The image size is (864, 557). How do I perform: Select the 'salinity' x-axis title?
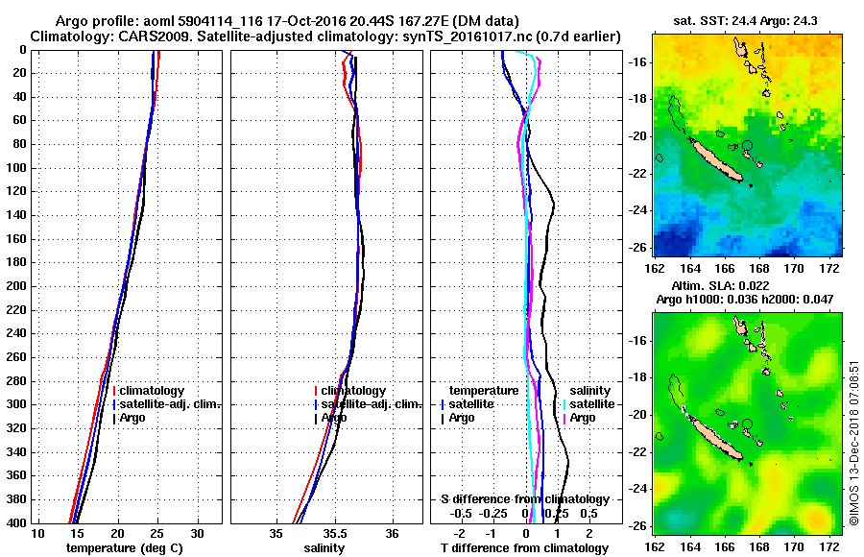pos(324,548)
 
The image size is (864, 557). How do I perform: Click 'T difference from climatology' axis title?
pos(524,548)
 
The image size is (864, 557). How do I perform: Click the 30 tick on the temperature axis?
pos(197,533)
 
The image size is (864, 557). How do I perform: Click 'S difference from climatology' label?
pos(524,499)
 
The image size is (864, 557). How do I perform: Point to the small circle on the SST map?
pos(747,146)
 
